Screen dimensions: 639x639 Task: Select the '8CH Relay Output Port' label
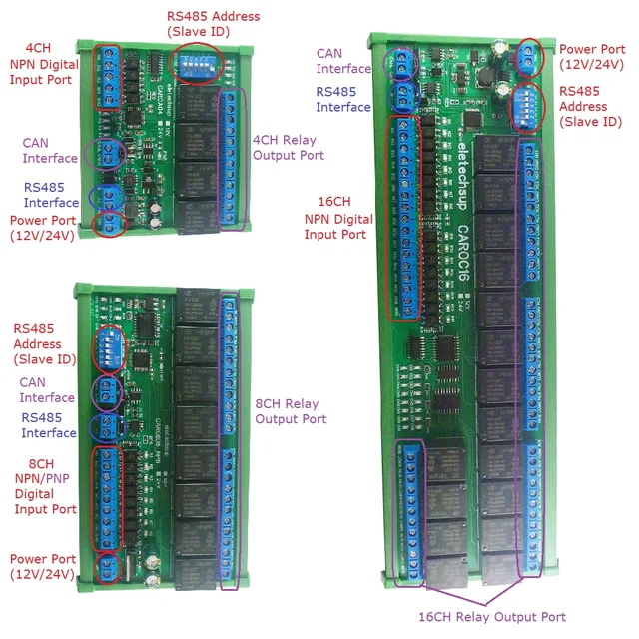tap(287, 411)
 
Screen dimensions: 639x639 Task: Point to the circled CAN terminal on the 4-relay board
tap(107, 153)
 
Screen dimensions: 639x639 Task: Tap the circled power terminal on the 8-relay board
tap(104, 570)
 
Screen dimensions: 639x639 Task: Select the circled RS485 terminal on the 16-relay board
tap(404, 98)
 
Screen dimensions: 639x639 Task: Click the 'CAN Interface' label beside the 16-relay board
tap(342, 61)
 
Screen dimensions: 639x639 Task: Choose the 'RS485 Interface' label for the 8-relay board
tap(48, 425)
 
